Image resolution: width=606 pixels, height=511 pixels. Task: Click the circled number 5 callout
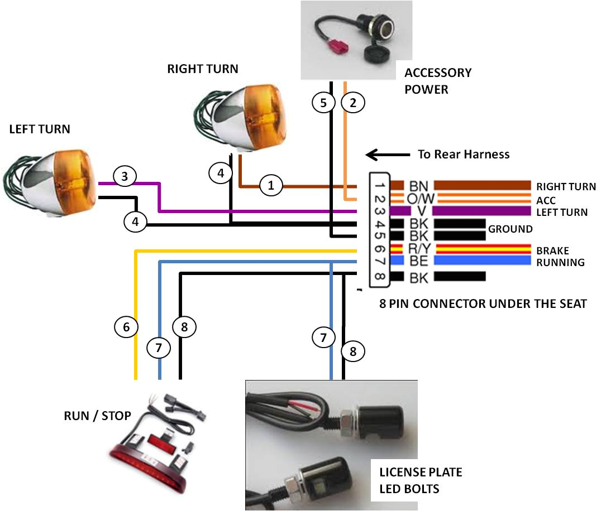pyautogui.click(x=323, y=103)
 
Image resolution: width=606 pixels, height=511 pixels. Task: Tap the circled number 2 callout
pyautogui.click(x=353, y=103)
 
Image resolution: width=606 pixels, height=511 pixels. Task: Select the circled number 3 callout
pyautogui.click(x=125, y=176)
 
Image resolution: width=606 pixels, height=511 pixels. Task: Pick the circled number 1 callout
pyautogui.click(x=270, y=185)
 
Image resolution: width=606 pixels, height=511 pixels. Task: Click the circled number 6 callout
pyautogui.click(x=126, y=327)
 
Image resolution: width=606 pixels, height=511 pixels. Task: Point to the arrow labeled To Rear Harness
pyautogui.click(x=388, y=155)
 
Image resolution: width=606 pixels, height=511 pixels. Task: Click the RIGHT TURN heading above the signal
pyautogui.click(x=203, y=69)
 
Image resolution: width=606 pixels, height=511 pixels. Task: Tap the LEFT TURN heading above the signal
pyautogui.click(x=40, y=129)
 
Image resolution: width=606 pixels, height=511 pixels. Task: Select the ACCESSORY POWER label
pyautogui.click(x=438, y=81)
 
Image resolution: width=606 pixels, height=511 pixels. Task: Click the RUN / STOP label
pyautogui.click(x=97, y=416)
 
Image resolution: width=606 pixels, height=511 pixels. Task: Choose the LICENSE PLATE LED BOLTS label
pyautogui.click(x=421, y=480)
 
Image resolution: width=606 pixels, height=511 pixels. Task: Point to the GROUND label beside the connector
pyautogui.click(x=510, y=229)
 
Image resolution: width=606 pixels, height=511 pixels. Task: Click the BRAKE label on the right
pyautogui.click(x=552, y=251)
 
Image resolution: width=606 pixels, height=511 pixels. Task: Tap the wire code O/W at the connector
pyautogui.click(x=421, y=199)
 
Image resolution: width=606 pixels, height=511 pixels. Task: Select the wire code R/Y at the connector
pyautogui.click(x=419, y=249)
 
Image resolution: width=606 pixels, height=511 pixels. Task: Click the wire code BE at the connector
pyautogui.click(x=418, y=261)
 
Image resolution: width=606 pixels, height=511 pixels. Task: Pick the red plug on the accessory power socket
pyautogui.click(x=338, y=46)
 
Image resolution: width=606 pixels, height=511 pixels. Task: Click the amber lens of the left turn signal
pyautogui.click(x=75, y=181)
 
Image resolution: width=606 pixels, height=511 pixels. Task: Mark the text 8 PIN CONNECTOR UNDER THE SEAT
pyautogui.click(x=483, y=303)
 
